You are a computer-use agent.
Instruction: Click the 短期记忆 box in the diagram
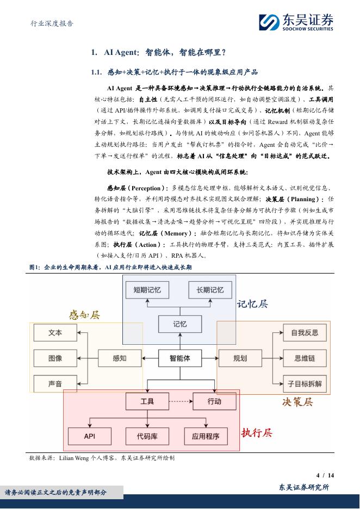[147, 290]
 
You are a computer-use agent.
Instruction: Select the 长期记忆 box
[210, 290]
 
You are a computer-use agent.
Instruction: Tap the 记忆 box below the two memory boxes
[180, 324]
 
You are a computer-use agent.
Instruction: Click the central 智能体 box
[180, 358]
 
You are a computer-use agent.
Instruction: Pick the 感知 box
[120, 358]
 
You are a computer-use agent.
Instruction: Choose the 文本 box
[55, 333]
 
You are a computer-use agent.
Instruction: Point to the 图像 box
[55, 358]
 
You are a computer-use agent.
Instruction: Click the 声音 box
[55, 383]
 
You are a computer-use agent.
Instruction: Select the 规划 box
[240, 358]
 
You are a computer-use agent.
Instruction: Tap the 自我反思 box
[305, 333]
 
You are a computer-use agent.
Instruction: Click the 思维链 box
[305, 358]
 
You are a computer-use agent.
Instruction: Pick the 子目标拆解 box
[305, 383]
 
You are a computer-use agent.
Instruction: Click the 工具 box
[147, 401]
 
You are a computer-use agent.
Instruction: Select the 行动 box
[214, 401]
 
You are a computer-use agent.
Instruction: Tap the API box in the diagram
[90, 436]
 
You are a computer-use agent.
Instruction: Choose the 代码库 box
[147, 436]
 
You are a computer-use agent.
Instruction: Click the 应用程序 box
[206, 436]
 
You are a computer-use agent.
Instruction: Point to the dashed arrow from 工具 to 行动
[181, 401]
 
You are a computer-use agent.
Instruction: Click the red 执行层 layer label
[257, 433]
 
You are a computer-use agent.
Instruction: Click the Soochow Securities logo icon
[269, 23]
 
